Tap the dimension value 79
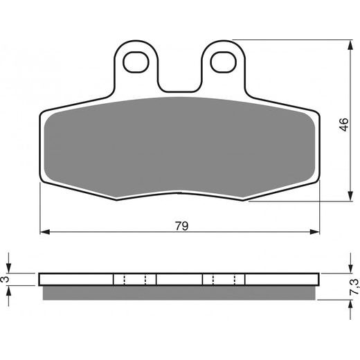click(181, 226)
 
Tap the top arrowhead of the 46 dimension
click(346, 44)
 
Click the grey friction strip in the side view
click(180, 293)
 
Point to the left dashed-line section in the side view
click(134, 280)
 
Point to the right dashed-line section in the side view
click(224, 280)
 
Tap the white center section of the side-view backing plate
click(179, 280)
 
